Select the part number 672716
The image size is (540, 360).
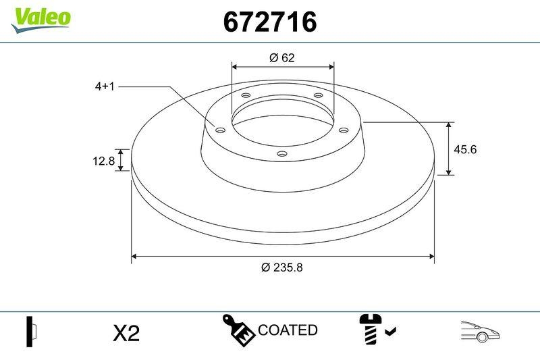(270, 22)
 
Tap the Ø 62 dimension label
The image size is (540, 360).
(282, 58)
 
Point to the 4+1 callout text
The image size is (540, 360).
(106, 86)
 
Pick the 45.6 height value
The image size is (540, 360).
(465, 149)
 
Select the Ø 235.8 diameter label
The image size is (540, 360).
(281, 267)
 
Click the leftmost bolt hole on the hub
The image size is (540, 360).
(219, 130)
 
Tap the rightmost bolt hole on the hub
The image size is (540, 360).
(343, 130)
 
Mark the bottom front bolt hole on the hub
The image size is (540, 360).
(281, 155)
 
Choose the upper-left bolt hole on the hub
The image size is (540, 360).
(246, 97)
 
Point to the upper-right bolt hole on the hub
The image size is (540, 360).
(318, 97)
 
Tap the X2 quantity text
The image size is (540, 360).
(126, 333)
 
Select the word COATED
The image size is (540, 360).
(288, 330)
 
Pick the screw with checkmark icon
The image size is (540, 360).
(375, 329)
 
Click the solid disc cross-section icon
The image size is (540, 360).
(30, 331)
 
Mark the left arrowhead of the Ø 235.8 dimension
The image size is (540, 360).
(134, 257)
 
